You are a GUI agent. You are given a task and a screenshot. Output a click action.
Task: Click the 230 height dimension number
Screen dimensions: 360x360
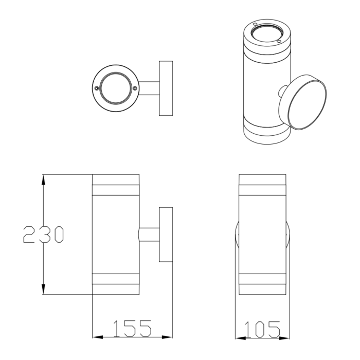tap(44, 235)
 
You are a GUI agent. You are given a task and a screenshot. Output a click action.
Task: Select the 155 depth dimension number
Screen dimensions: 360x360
tap(132, 328)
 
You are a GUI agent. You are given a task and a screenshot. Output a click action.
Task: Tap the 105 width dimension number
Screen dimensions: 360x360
tap(262, 328)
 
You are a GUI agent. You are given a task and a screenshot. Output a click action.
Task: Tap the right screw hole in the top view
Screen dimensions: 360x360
tap(135, 88)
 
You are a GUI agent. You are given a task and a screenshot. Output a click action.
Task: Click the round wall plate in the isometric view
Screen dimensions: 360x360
tap(303, 102)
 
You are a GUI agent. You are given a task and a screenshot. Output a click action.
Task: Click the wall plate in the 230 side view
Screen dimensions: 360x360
tap(166, 235)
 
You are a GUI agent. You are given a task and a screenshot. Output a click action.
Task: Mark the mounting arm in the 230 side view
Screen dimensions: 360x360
tap(149, 235)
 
